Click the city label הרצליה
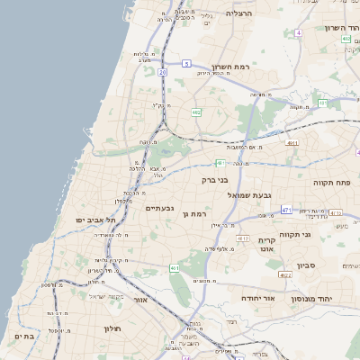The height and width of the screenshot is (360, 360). [239, 13]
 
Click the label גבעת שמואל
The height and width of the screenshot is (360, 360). [248, 195]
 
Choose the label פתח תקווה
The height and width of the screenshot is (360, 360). [330, 182]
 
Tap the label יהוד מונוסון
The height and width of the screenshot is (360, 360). [325, 298]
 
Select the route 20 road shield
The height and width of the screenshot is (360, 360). [162, 70]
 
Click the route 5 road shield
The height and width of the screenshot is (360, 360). [185, 64]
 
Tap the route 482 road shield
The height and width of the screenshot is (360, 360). [196, 112]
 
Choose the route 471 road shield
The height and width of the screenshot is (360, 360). [285, 210]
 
